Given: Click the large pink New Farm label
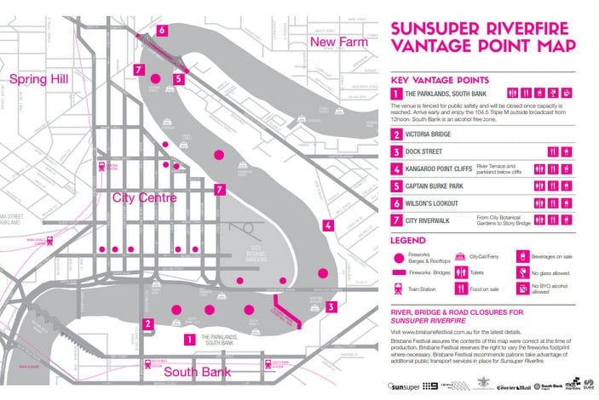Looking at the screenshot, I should click(x=338, y=42).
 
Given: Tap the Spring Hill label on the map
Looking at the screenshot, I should click(x=39, y=79).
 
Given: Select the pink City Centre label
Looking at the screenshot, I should click(x=144, y=197).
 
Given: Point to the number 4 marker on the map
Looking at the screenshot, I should click(x=327, y=226).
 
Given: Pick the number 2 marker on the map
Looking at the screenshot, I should click(x=147, y=323).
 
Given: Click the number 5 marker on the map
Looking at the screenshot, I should click(x=178, y=79).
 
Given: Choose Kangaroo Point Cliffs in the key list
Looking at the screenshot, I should click(x=438, y=169).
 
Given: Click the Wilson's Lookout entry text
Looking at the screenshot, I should click(x=434, y=203).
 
